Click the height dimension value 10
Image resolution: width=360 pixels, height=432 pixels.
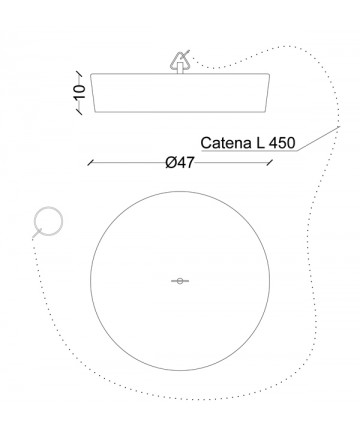click(80, 92)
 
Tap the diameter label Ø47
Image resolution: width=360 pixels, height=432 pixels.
click(180, 163)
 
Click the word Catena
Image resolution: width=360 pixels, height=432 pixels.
click(226, 143)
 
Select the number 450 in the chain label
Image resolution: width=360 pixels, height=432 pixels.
click(282, 143)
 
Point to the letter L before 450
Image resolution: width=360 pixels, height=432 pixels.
click(260, 143)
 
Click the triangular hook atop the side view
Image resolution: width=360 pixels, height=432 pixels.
click(180, 62)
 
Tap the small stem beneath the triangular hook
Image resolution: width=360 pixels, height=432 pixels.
click(180, 68)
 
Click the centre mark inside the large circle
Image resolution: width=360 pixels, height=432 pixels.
click(180, 281)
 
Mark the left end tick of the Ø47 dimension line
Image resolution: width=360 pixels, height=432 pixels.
click(90, 163)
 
